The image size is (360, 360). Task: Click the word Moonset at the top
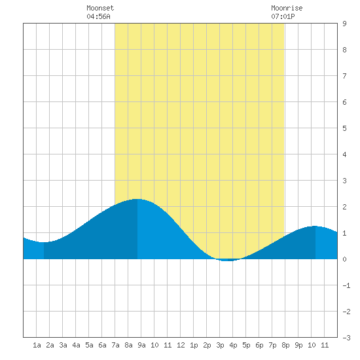point(100,8)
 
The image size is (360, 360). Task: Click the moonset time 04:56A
point(98,16)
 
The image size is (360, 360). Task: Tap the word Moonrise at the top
point(287,8)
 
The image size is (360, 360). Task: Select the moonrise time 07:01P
point(283,16)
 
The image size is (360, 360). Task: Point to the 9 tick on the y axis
point(344,24)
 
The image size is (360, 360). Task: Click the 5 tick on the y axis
point(344,128)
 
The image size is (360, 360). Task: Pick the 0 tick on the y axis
point(344,259)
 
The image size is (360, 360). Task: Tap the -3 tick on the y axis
point(346,338)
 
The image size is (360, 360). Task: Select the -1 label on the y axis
point(346,285)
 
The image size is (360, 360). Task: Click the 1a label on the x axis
point(37,345)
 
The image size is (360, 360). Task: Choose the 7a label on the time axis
point(115,345)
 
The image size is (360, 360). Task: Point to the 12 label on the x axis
point(181,345)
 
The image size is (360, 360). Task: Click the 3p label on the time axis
point(220,345)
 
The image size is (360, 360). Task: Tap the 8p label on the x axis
point(285,345)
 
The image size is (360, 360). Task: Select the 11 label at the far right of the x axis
point(325,345)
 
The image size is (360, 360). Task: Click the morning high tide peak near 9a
point(137,199)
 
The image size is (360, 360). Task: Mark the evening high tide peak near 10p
point(315,226)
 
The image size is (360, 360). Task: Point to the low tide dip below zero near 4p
point(227,261)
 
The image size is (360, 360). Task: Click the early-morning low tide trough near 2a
point(44,242)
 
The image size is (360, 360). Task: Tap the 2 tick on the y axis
point(344,207)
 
